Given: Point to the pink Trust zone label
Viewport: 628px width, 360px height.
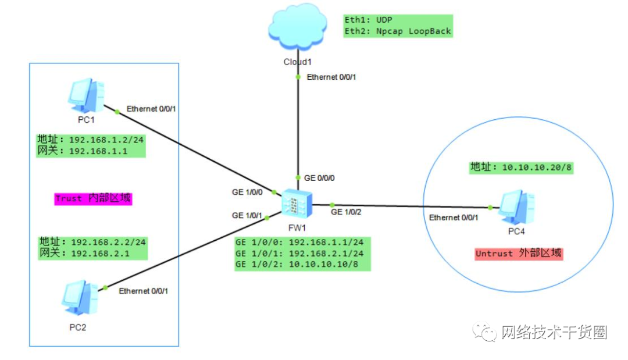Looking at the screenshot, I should click(94, 198).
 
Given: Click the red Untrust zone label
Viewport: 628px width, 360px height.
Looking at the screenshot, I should click(519, 254).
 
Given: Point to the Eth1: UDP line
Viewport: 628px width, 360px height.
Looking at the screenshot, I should click(369, 20).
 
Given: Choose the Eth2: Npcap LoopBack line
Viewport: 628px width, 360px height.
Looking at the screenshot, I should click(397, 31).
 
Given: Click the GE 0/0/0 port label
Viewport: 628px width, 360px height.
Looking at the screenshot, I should click(319, 177).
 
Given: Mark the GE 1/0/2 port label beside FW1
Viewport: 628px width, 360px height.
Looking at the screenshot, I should click(346, 212).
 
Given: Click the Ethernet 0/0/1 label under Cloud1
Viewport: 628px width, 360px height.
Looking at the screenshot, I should click(331, 77).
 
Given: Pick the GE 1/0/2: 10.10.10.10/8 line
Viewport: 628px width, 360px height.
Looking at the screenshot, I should click(302, 265).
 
